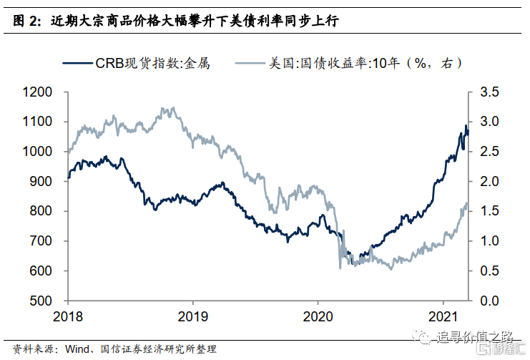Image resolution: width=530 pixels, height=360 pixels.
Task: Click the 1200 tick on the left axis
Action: point(37,92)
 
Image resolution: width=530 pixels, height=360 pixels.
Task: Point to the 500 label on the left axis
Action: point(41,301)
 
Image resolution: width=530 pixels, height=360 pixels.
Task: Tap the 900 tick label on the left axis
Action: point(41,181)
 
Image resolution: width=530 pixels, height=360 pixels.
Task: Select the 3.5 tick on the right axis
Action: point(489,92)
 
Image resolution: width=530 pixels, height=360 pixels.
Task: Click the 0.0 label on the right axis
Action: point(489,301)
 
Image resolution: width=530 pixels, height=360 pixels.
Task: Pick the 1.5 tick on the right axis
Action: point(489,211)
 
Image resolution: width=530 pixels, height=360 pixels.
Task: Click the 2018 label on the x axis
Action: point(68,316)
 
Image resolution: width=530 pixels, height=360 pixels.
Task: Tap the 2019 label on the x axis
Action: point(193,316)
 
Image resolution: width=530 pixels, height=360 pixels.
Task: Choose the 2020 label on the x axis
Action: point(318,316)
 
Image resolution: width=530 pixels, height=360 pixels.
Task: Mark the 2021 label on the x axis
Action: point(443,316)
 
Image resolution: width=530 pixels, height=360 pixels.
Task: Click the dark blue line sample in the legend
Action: point(77,63)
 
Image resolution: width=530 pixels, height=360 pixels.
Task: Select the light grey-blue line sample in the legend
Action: point(250,63)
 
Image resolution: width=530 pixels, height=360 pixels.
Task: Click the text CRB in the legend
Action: point(109,63)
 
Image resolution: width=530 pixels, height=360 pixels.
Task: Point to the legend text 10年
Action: point(386,63)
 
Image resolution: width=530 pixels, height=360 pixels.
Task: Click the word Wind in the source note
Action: point(77,349)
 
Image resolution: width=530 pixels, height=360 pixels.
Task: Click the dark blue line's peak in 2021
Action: point(466,125)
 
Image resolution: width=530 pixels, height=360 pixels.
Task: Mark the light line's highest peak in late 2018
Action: point(173,108)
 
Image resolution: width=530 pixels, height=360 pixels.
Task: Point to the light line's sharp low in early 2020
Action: point(340,268)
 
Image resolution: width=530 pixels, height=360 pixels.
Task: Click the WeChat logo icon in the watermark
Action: point(423,336)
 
